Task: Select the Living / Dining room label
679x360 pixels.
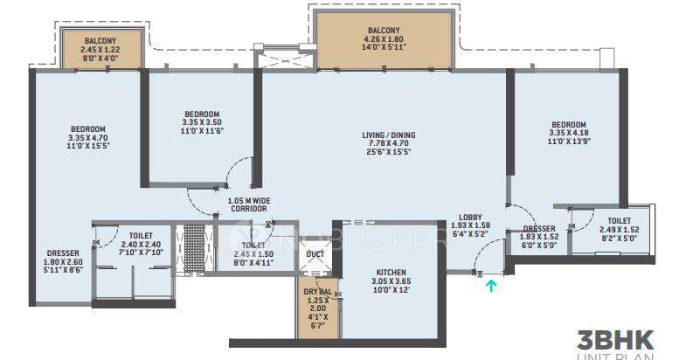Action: pos(389,135)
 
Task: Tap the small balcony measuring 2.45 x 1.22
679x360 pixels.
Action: pos(102,47)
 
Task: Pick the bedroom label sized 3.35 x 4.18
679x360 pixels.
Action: pos(567,124)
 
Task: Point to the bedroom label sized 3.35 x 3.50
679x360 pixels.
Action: pos(201,114)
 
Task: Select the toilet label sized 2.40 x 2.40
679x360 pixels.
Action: pos(141,236)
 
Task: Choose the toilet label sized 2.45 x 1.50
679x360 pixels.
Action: pos(253,246)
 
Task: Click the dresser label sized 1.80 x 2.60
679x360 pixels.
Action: pos(63,253)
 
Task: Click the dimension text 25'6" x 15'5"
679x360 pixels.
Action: pos(389,152)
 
